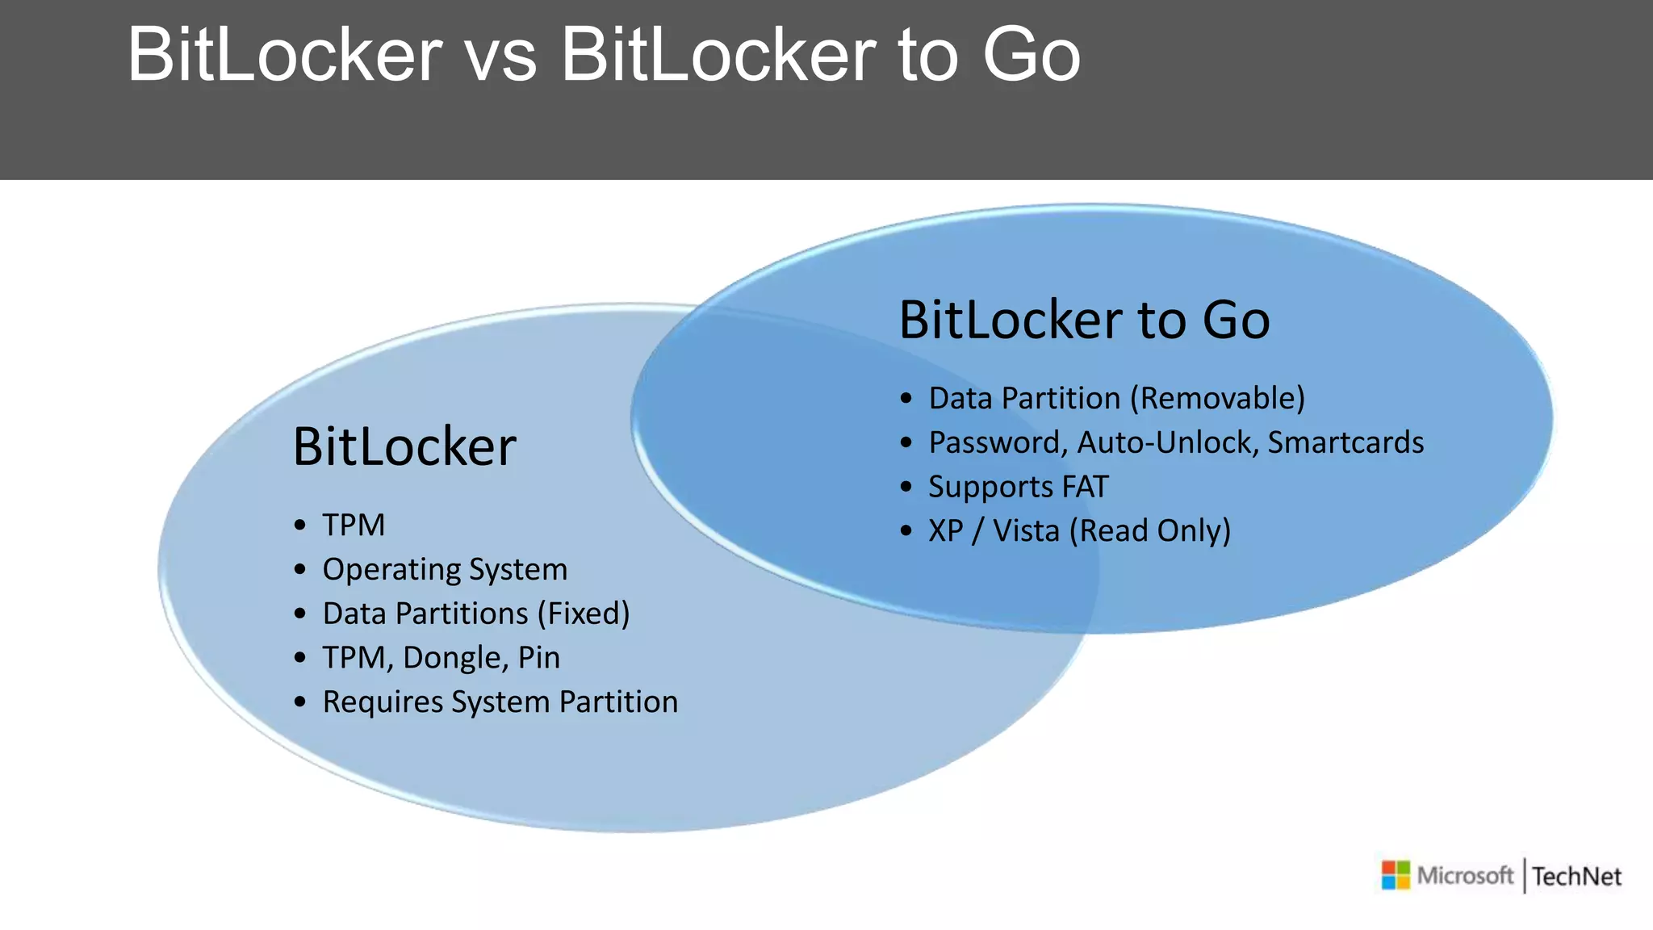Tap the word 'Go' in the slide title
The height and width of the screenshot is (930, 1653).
click(x=1031, y=57)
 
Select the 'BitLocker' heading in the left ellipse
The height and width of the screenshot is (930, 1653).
click(x=404, y=446)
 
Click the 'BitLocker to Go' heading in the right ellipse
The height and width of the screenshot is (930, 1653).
click(x=1084, y=320)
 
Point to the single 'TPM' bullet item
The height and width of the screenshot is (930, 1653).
click(x=354, y=525)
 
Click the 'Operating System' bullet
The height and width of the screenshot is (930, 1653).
click(x=445, y=569)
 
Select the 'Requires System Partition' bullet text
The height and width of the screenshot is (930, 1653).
click(x=500, y=702)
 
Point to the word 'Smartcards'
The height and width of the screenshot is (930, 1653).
click(x=1345, y=442)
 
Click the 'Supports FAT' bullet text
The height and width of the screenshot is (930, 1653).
click(x=1019, y=487)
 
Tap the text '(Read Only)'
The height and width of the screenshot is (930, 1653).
click(x=1150, y=530)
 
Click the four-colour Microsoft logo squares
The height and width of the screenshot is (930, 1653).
click(x=1396, y=875)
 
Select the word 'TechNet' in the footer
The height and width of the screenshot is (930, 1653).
click(x=1576, y=877)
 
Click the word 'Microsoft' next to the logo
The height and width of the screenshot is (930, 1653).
click(x=1465, y=875)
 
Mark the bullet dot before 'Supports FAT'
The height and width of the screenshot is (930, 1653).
click(x=906, y=487)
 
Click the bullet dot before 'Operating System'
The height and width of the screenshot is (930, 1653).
click(x=300, y=570)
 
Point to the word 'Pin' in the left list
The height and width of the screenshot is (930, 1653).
click(x=538, y=658)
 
